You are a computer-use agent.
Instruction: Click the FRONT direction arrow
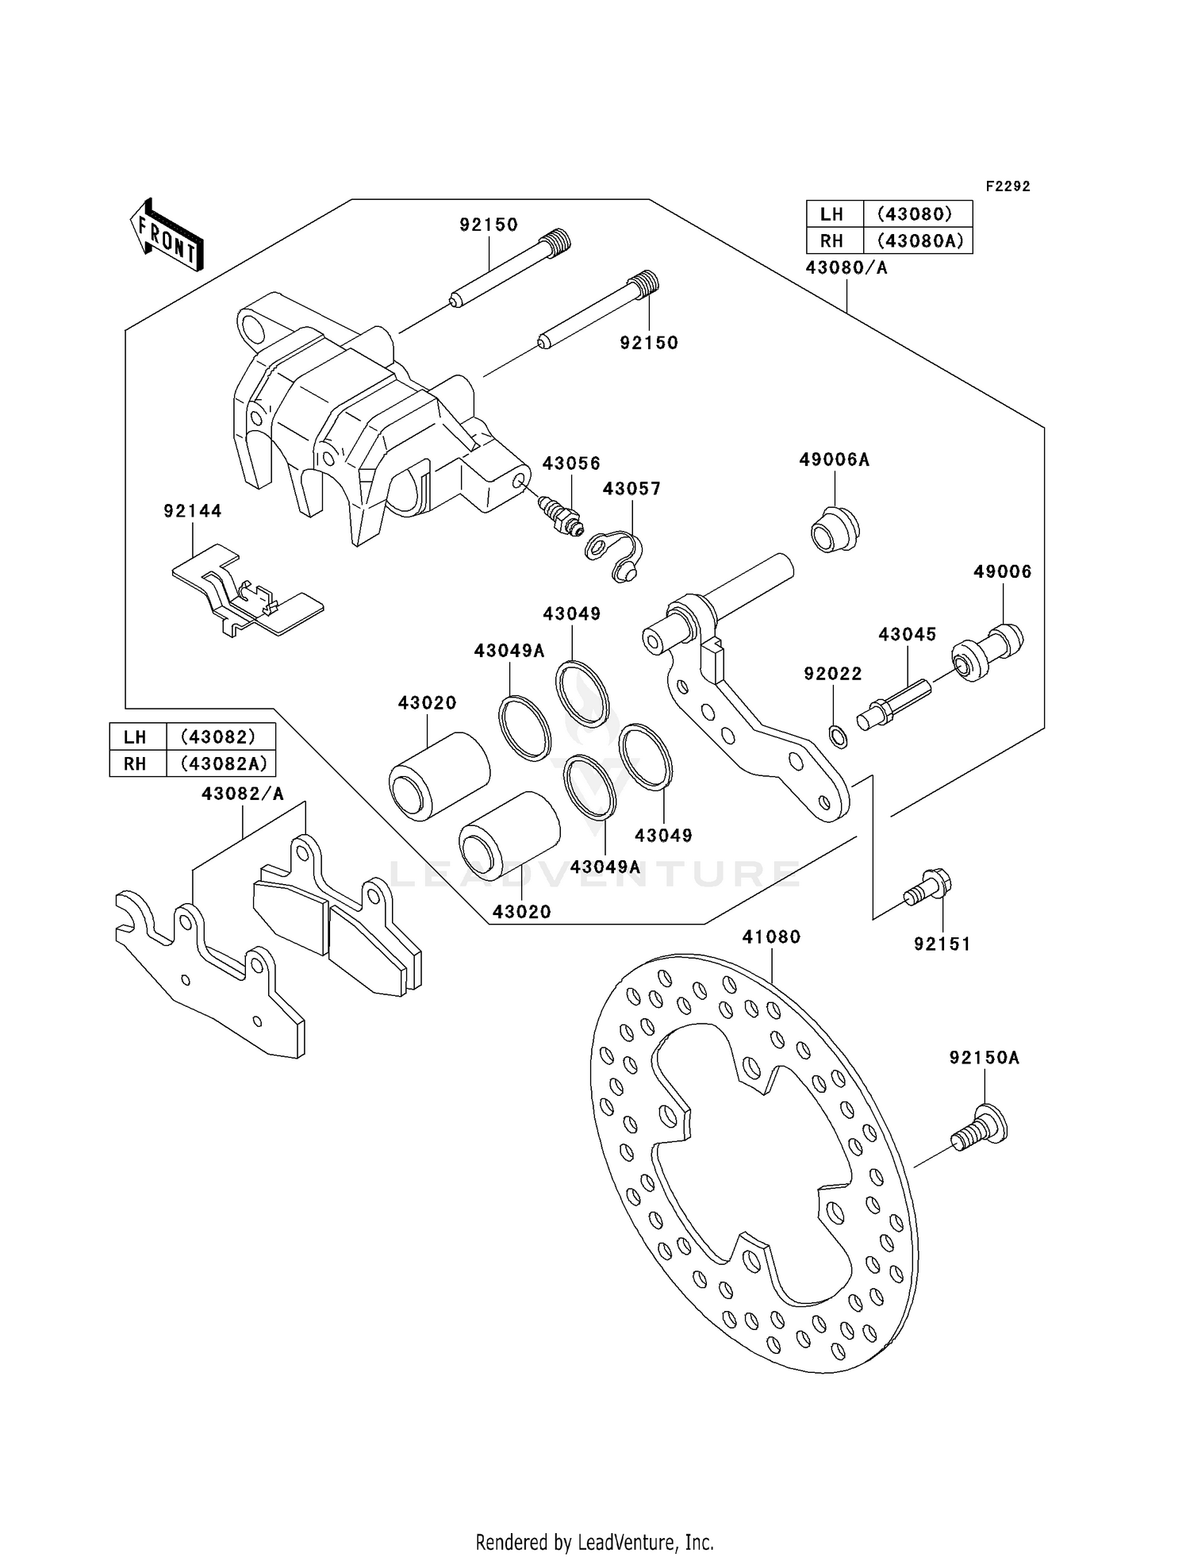coord(167,235)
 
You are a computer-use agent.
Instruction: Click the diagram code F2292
coord(1008,186)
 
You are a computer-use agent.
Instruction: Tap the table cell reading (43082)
coord(219,736)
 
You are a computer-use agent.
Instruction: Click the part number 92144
coord(193,512)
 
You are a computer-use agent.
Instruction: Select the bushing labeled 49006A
coord(835,529)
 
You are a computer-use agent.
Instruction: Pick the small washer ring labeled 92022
coord(838,737)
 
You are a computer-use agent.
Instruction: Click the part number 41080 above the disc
coord(771,937)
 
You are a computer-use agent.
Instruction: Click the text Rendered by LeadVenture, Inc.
coord(594,1542)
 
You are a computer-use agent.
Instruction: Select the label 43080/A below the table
coord(846,268)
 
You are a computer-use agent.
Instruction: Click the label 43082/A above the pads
coord(242,794)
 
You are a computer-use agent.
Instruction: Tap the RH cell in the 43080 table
coord(831,240)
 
